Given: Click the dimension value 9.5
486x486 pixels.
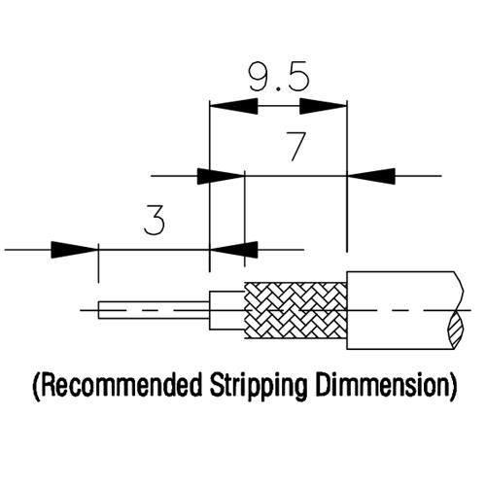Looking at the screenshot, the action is (x=279, y=77).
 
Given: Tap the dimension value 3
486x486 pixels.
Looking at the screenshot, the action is (x=155, y=220).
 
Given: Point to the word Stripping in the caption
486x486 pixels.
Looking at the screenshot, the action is (x=258, y=387).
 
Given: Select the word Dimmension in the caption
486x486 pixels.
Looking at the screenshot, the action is (x=383, y=386).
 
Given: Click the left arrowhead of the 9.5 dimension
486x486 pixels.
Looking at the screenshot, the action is (x=234, y=106).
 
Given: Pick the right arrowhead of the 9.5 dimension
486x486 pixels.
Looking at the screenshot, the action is (x=323, y=106).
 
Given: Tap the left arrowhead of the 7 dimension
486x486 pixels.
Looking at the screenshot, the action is (x=221, y=176).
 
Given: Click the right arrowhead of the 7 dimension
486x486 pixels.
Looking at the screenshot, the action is (x=371, y=176).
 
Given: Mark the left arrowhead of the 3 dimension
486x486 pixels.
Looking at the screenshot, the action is (x=75, y=250).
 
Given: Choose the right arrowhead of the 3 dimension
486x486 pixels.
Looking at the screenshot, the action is (x=234, y=250).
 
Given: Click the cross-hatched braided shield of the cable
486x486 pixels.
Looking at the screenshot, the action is (x=295, y=310).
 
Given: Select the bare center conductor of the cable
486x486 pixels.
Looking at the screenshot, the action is (x=155, y=310).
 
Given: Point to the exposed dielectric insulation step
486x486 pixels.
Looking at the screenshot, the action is (x=226, y=310).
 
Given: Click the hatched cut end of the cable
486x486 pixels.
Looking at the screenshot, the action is (x=456, y=330).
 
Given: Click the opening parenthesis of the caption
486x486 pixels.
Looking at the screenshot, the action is (x=37, y=387).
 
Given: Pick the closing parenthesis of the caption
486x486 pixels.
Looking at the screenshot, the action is (x=454, y=387).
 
